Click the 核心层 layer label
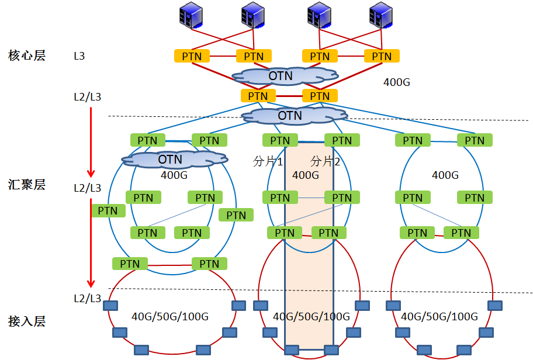click(27, 56)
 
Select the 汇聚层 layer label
click(27, 185)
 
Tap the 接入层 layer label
click(27, 321)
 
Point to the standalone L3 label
click(79, 56)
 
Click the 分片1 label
click(268, 162)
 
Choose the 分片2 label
click(325, 162)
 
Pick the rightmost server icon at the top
click(380, 16)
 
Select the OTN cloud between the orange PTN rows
click(285, 75)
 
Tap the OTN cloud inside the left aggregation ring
click(171, 159)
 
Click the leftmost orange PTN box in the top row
click(192, 56)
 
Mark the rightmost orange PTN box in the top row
click(382, 56)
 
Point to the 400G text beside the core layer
click(397, 82)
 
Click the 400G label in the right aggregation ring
click(445, 175)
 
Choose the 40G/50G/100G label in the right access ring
click(439, 317)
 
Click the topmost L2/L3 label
click(88, 96)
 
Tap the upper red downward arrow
click(91, 140)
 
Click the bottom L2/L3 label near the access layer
click(88, 298)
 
